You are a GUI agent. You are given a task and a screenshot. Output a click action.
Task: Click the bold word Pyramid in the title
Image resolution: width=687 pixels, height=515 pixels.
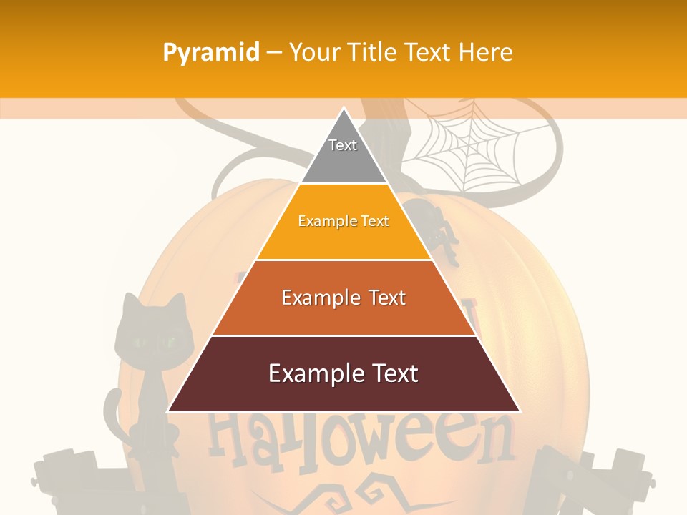pyautogui.click(x=210, y=52)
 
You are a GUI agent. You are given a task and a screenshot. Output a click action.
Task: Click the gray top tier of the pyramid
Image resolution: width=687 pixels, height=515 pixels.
pyautogui.click(x=343, y=154)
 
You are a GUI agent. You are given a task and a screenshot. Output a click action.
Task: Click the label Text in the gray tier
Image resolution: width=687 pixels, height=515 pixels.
pyautogui.click(x=343, y=145)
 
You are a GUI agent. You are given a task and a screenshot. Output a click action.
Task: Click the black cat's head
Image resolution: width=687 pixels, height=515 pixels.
pyautogui.click(x=152, y=333)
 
